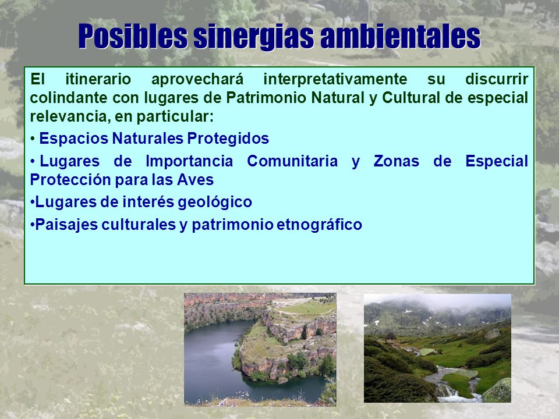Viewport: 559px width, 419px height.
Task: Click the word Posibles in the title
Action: [133, 36]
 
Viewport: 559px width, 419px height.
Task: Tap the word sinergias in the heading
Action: [254, 36]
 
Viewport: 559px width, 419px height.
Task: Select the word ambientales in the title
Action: [401, 36]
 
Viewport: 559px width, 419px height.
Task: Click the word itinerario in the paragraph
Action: [98, 79]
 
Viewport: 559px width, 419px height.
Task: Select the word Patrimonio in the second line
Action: [267, 98]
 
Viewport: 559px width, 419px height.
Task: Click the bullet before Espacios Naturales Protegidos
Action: [33, 139]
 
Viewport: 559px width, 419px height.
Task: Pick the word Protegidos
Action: [228, 139]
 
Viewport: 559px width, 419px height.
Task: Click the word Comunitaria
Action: [292, 161]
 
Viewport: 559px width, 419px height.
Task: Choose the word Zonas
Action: [396, 161]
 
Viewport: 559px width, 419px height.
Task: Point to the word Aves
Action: [196, 180]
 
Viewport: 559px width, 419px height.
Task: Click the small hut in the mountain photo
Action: [390, 337]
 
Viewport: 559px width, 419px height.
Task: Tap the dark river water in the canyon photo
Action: [214, 360]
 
